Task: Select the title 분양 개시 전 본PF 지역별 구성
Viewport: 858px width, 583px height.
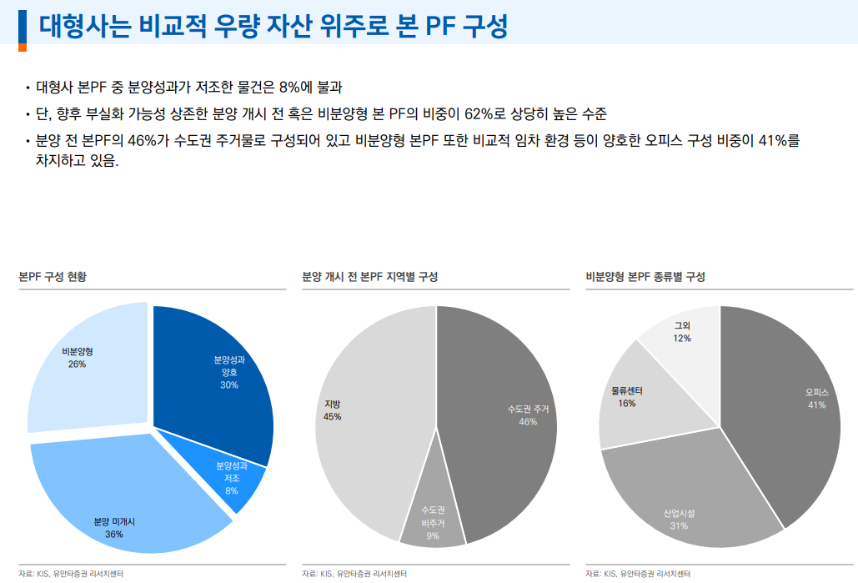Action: [x=369, y=277]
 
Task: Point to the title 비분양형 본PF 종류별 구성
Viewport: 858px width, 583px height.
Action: [x=645, y=277]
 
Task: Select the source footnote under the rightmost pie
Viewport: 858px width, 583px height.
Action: [x=638, y=574]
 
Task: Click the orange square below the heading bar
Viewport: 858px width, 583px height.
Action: [x=23, y=48]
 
